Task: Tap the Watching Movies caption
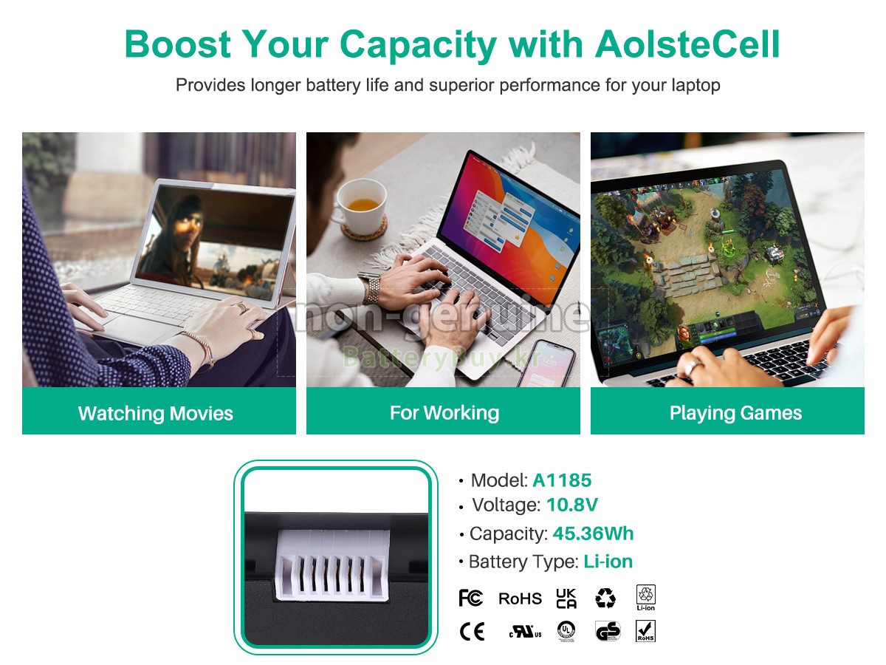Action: [x=156, y=413]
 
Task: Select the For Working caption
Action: [x=444, y=412]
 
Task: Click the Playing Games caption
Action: [x=735, y=413]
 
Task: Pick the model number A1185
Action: [x=562, y=480]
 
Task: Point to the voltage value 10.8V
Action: [x=572, y=505]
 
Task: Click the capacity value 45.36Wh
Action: [x=593, y=533]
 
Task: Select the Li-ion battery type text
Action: [x=608, y=562]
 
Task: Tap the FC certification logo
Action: [x=470, y=598]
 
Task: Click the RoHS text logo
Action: [x=520, y=598]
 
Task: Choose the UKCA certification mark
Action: [x=566, y=598]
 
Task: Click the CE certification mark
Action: [x=472, y=632]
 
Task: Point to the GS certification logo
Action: [x=608, y=632]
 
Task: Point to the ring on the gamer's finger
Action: [x=691, y=367]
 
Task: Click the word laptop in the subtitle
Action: [x=696, y=85]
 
